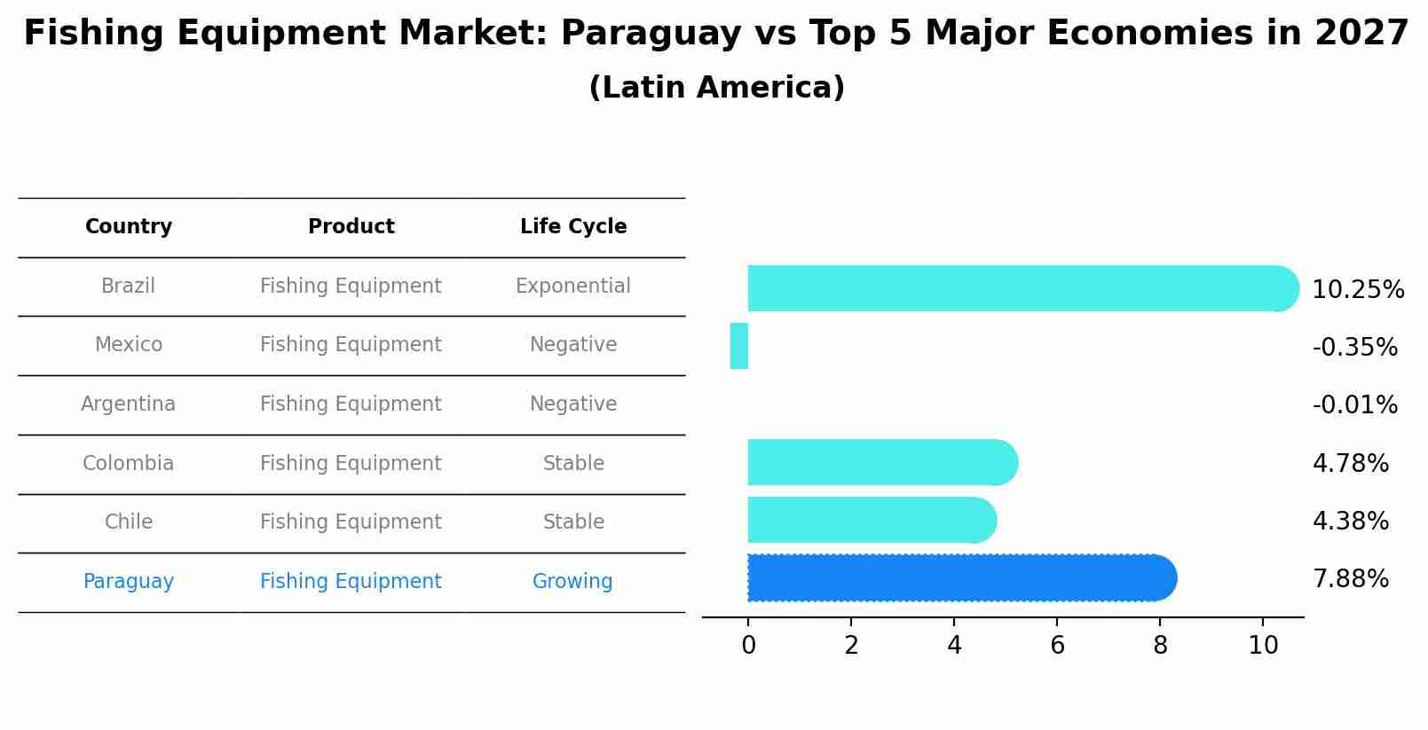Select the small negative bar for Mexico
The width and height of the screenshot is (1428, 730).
click(x=739, y=346)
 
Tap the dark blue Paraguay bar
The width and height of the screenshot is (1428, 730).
click(x=959, y=578)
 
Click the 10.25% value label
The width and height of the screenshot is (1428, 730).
click(x=1357, y=290)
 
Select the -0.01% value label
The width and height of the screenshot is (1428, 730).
click(x=1354, y=405)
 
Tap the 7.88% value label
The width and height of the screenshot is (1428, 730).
click(x=1350, y=579)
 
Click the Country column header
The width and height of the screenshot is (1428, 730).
click(x=129, y=227)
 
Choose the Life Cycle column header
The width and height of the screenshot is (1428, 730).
click(x=573, y=227)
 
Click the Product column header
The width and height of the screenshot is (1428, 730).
click(x=351, y=227)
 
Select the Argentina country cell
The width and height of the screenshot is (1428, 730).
click(x=129, y=404)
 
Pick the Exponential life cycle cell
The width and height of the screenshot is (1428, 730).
click(x=573, y=287)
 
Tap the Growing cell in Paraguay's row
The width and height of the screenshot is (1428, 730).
click(x=572, y=582)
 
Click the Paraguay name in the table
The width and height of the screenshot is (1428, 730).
click(x=129, y=582)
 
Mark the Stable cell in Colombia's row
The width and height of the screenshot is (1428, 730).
click(x=573, y=464)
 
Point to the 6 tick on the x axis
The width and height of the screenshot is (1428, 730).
click(x=1057, y=646)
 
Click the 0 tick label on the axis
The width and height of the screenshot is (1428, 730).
click(x=748, y=646)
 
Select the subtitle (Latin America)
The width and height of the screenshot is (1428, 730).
click(x=716, y=88)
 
